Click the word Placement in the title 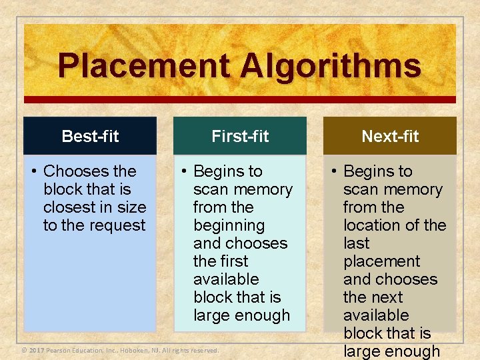click(x=143, y=67)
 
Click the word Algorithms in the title click(x=331, y=67)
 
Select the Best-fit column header click(x=90, y=137)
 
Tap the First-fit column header click(x=240, y=137)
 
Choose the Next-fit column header click(x=390, y=137)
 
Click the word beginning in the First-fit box click(x=229, y=225)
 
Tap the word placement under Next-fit click(x=381, y=261)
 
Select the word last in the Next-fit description click(x=356, y=243)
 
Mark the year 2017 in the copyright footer click(x=37, y=350)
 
